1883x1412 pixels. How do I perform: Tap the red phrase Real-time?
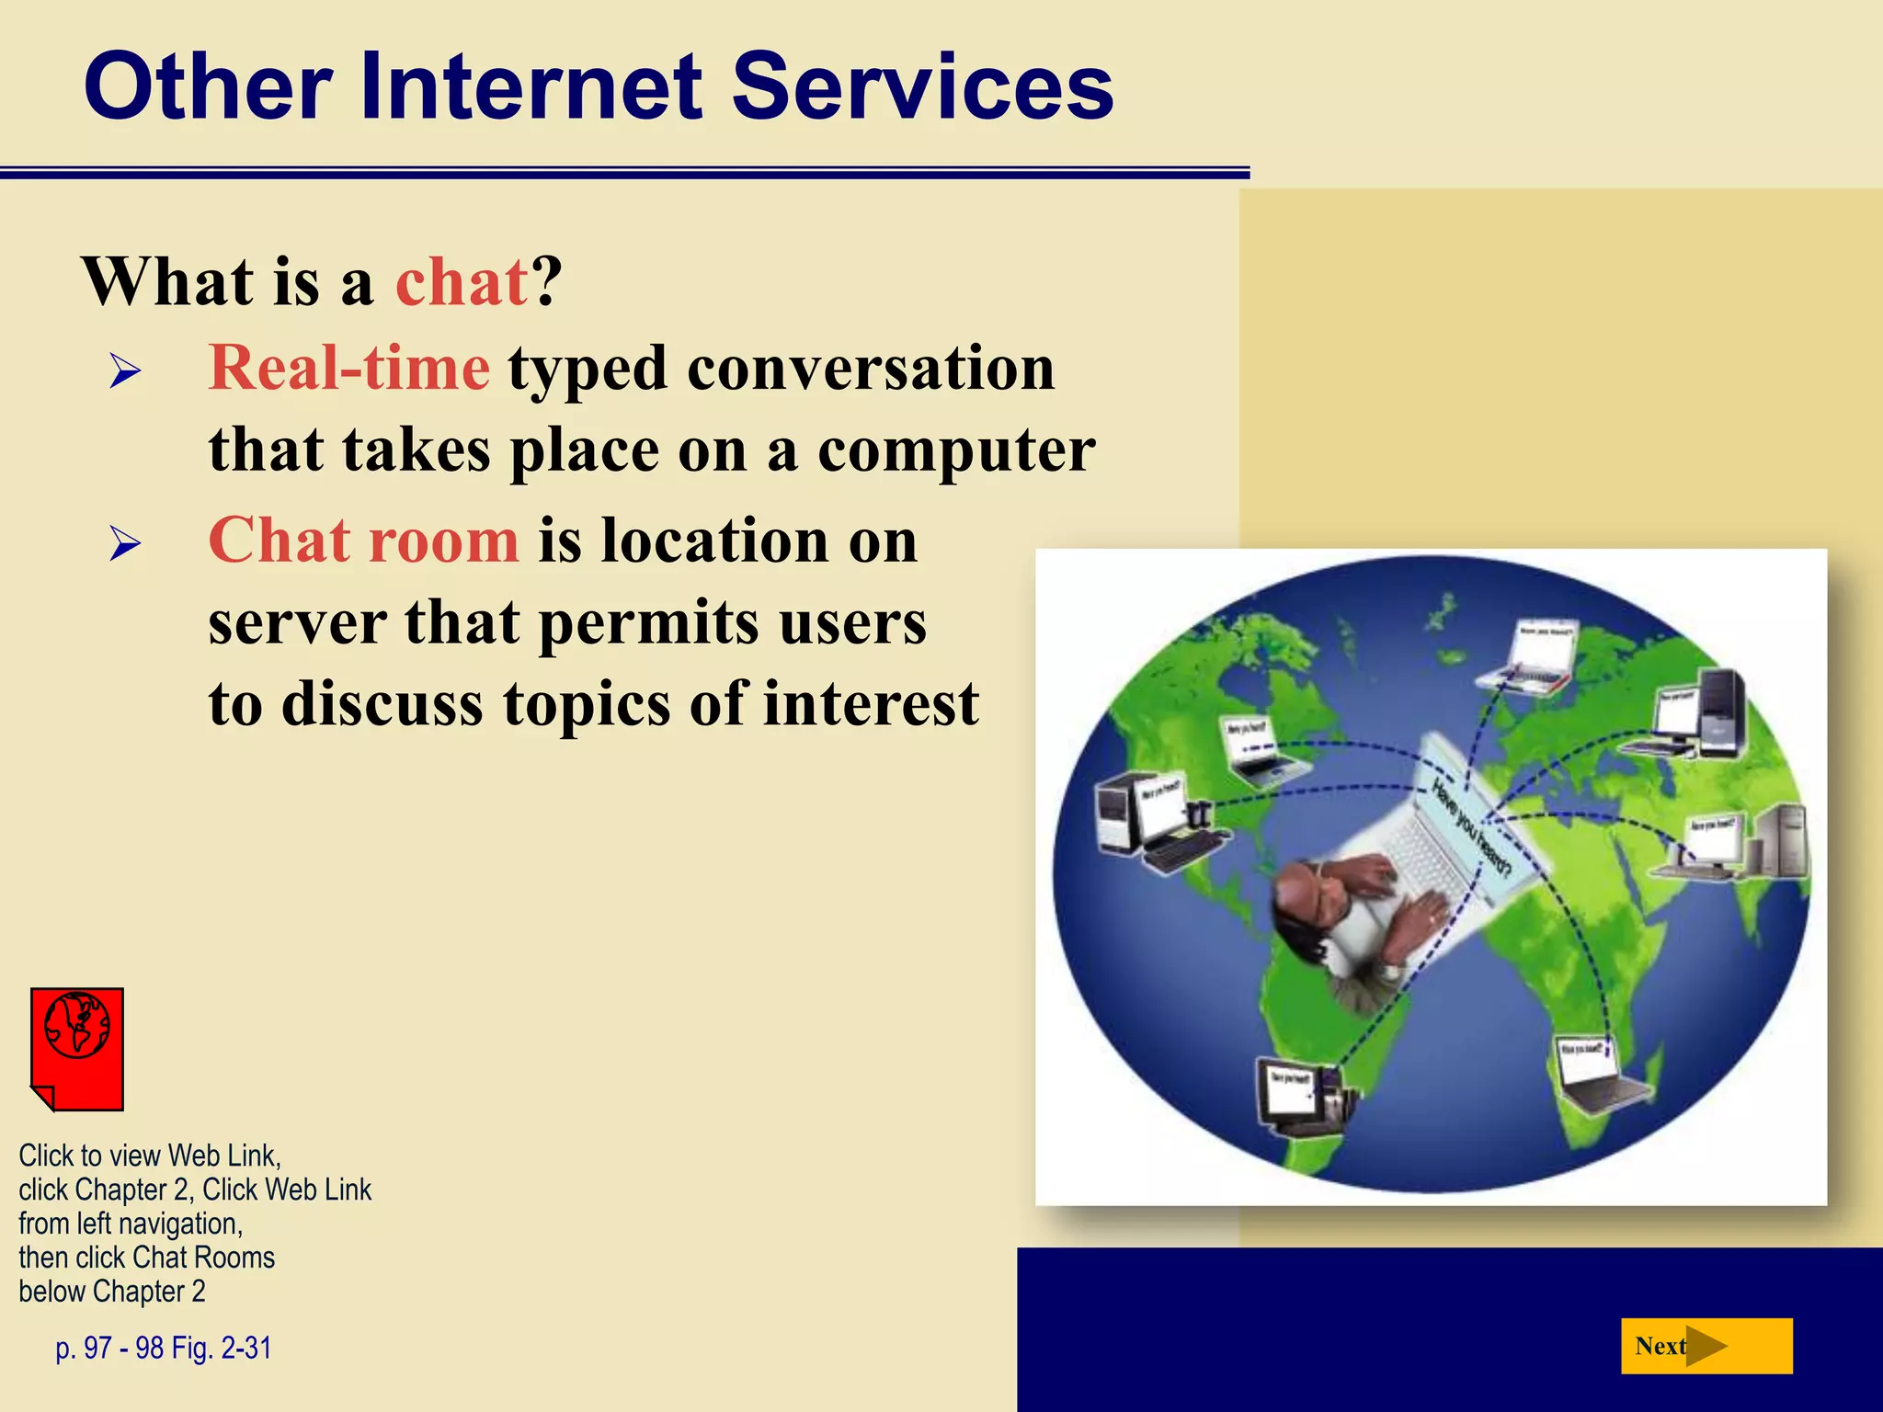tap(349, 368)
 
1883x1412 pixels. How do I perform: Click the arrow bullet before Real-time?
tap(125, 372)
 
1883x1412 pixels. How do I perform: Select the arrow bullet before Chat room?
tap(125, 544)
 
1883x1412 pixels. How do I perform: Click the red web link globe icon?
tap(77, 1048)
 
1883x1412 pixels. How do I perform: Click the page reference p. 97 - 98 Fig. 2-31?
tap(164, 1348)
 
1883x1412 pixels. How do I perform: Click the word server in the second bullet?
tap(296, 623)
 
